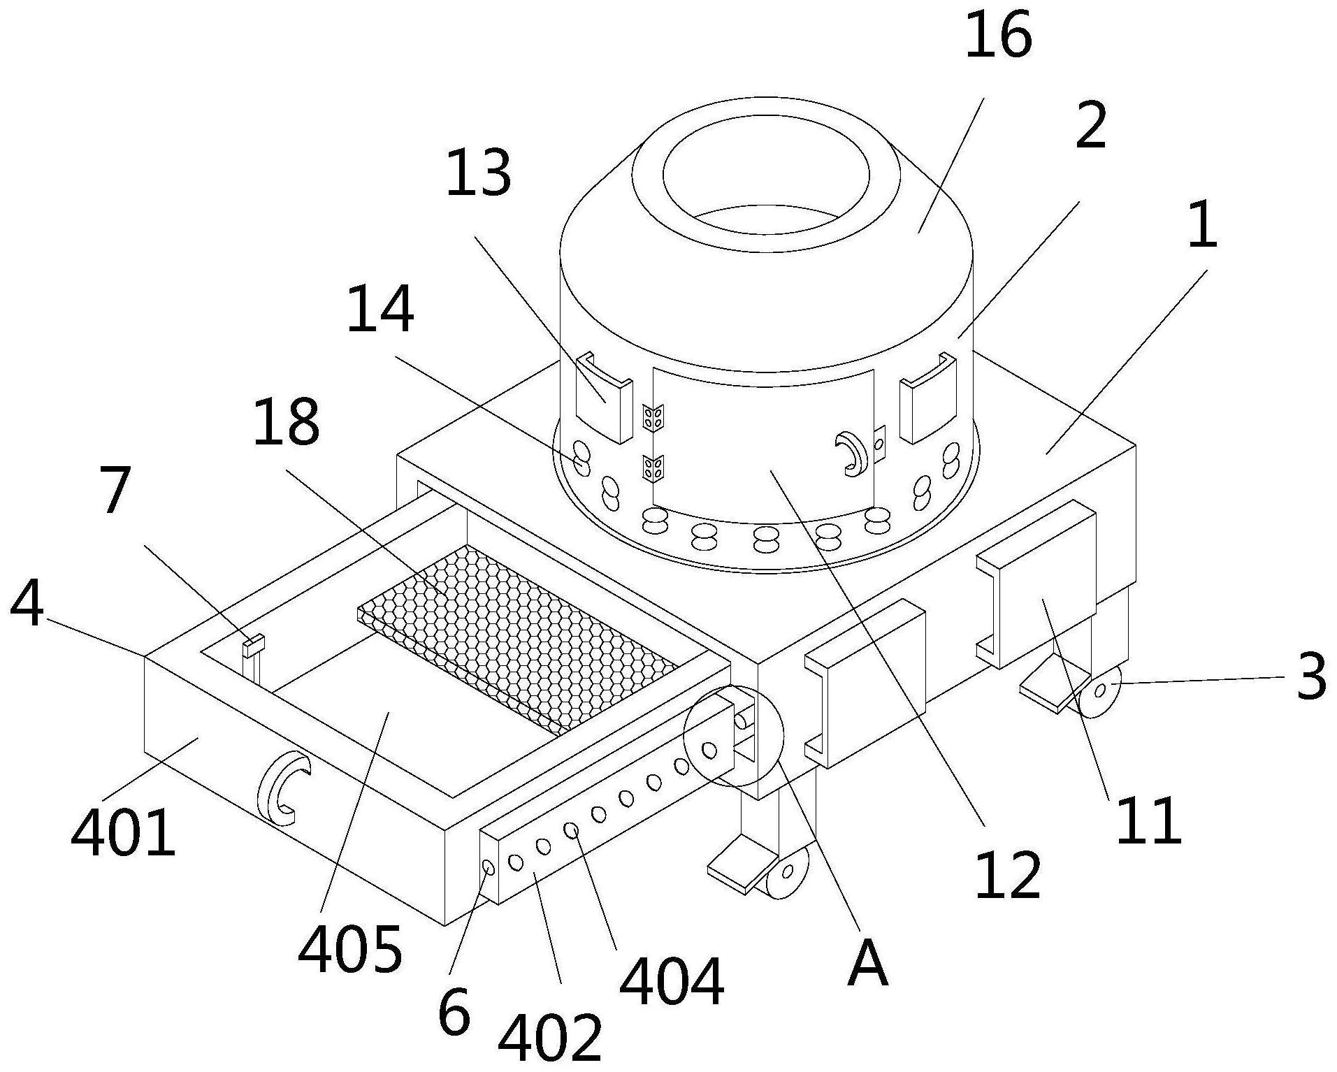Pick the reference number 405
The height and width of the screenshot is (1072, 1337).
350,950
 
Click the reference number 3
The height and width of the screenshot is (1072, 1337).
1311,676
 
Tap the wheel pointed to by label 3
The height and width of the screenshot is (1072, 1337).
1099,691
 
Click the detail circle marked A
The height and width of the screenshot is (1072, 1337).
734,736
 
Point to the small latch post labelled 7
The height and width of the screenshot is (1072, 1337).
253,660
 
